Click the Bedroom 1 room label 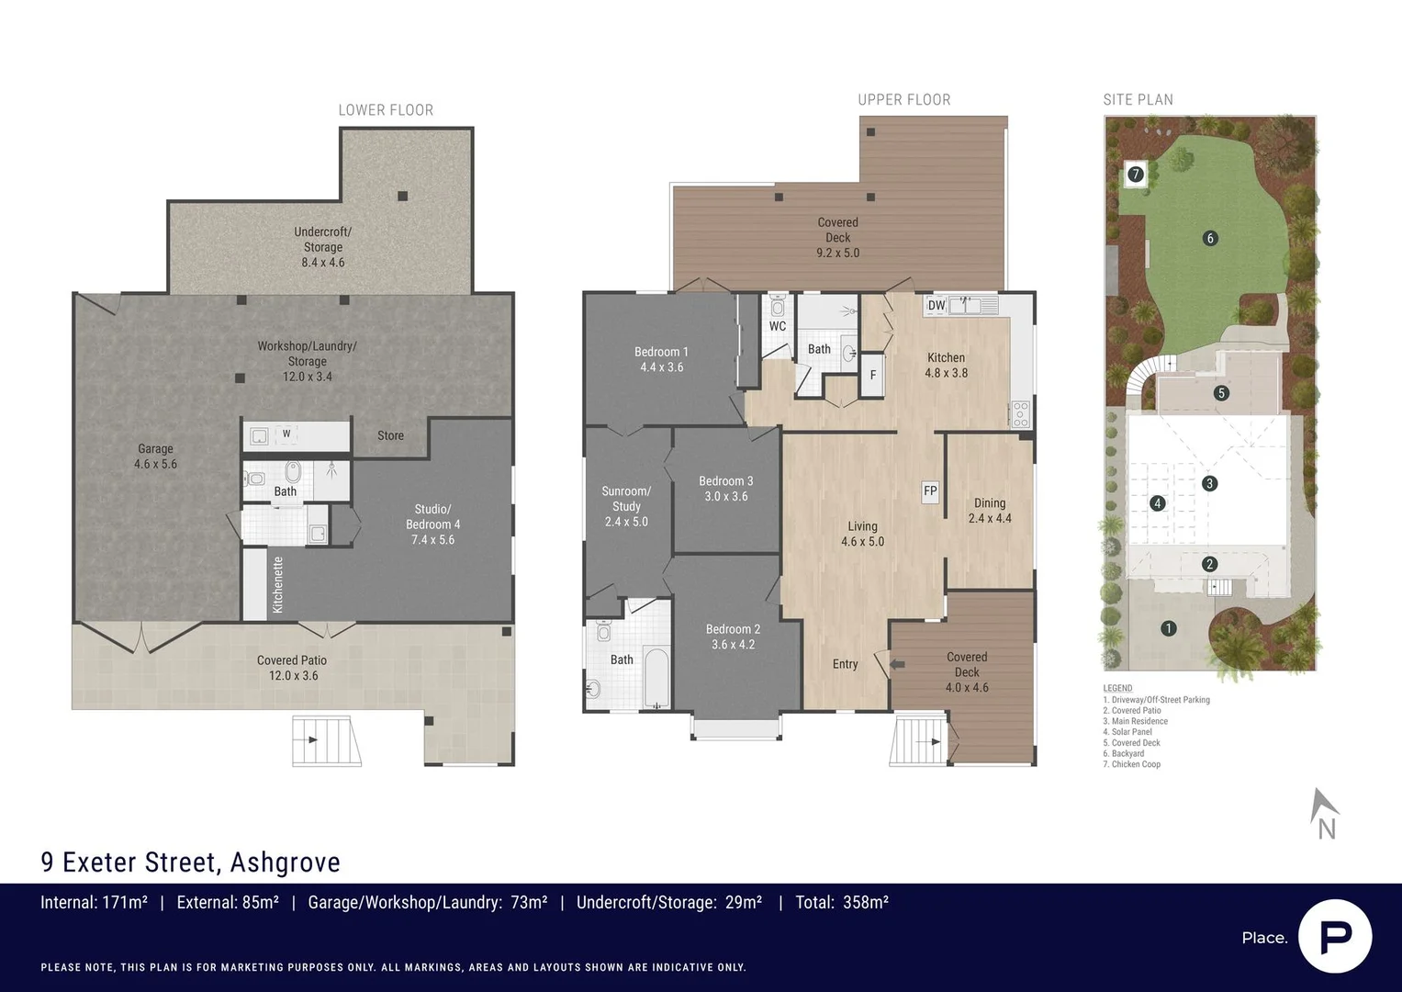point(661,359)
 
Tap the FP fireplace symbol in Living point(930,491)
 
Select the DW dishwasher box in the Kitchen point(936,306)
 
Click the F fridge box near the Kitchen point(872,376)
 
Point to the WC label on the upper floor point(777,326)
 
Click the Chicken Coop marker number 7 point(1136,174)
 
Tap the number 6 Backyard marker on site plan point(1209,239)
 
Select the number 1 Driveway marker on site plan point(1168,628)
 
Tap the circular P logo point(1335,936)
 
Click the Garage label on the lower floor point(155,457)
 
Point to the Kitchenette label point(277,585)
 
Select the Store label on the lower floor point(390,435)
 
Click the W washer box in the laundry point(286,434)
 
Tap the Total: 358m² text point(841,903)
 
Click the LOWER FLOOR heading point(386,110)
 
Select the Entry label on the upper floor point(845,664)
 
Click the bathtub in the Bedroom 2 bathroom point(656,678)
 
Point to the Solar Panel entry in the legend point(1131,732)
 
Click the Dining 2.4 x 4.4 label point(990,511)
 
